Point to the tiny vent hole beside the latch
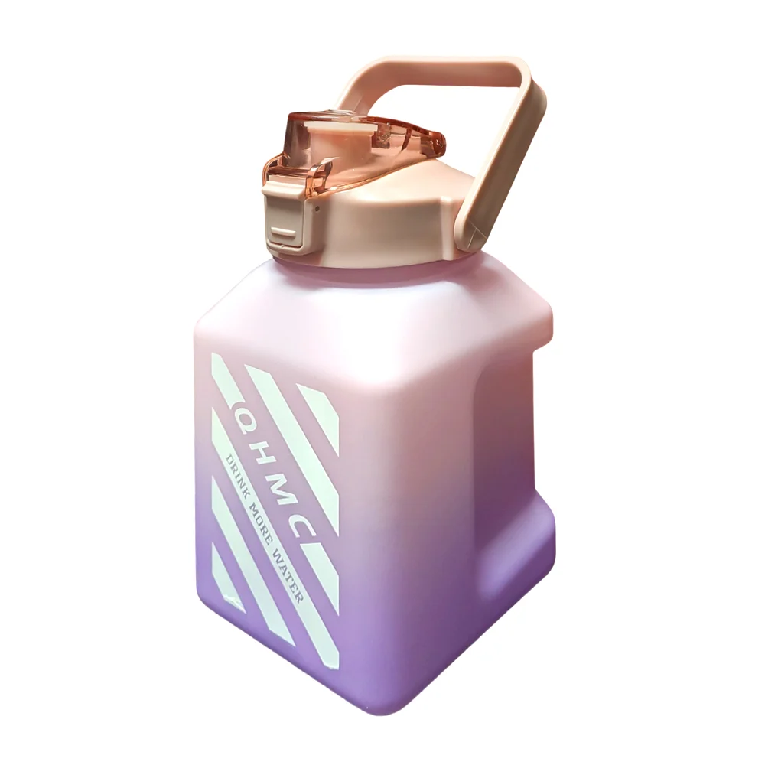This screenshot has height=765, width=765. [x=318, y=209]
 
